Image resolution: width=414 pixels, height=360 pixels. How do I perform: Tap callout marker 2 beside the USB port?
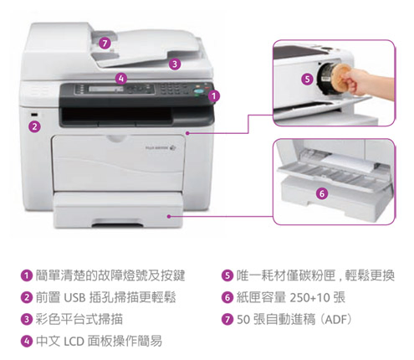pyautogui.click(x=34, y=127)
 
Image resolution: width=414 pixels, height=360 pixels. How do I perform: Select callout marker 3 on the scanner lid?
pyautogui.click(x=174, y=64)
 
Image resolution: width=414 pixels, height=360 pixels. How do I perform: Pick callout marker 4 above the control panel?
pyautogui.click(x=121, y=78)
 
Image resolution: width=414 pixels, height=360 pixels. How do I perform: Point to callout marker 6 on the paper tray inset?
pyautogui.click(x=322, y=193)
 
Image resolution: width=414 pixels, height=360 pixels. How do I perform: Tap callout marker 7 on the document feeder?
pyautogui.click(x=104, y=43)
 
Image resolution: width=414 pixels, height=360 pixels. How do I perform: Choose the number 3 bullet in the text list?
pyautogui.click(x=27, y=319)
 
